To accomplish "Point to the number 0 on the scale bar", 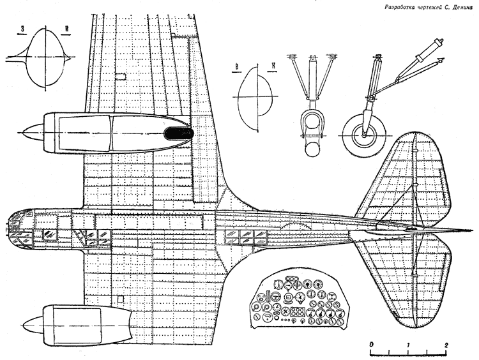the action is click(371, 345).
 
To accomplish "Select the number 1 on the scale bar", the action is click(409, 345).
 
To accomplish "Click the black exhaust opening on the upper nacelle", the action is click(179, 134).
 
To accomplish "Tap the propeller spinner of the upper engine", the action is click(33, 133).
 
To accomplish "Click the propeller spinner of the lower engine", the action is click(33, 324).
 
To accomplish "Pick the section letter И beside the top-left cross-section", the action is click(66, 29).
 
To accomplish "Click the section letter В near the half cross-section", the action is click(236, 67).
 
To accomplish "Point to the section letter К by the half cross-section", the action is click(273, 66).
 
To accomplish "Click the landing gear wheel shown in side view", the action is click(363, 135).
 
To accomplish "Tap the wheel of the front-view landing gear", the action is click(312, 149).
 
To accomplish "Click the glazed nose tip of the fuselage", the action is click(14, 227).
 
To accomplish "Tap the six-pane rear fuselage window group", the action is click(246, 237).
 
